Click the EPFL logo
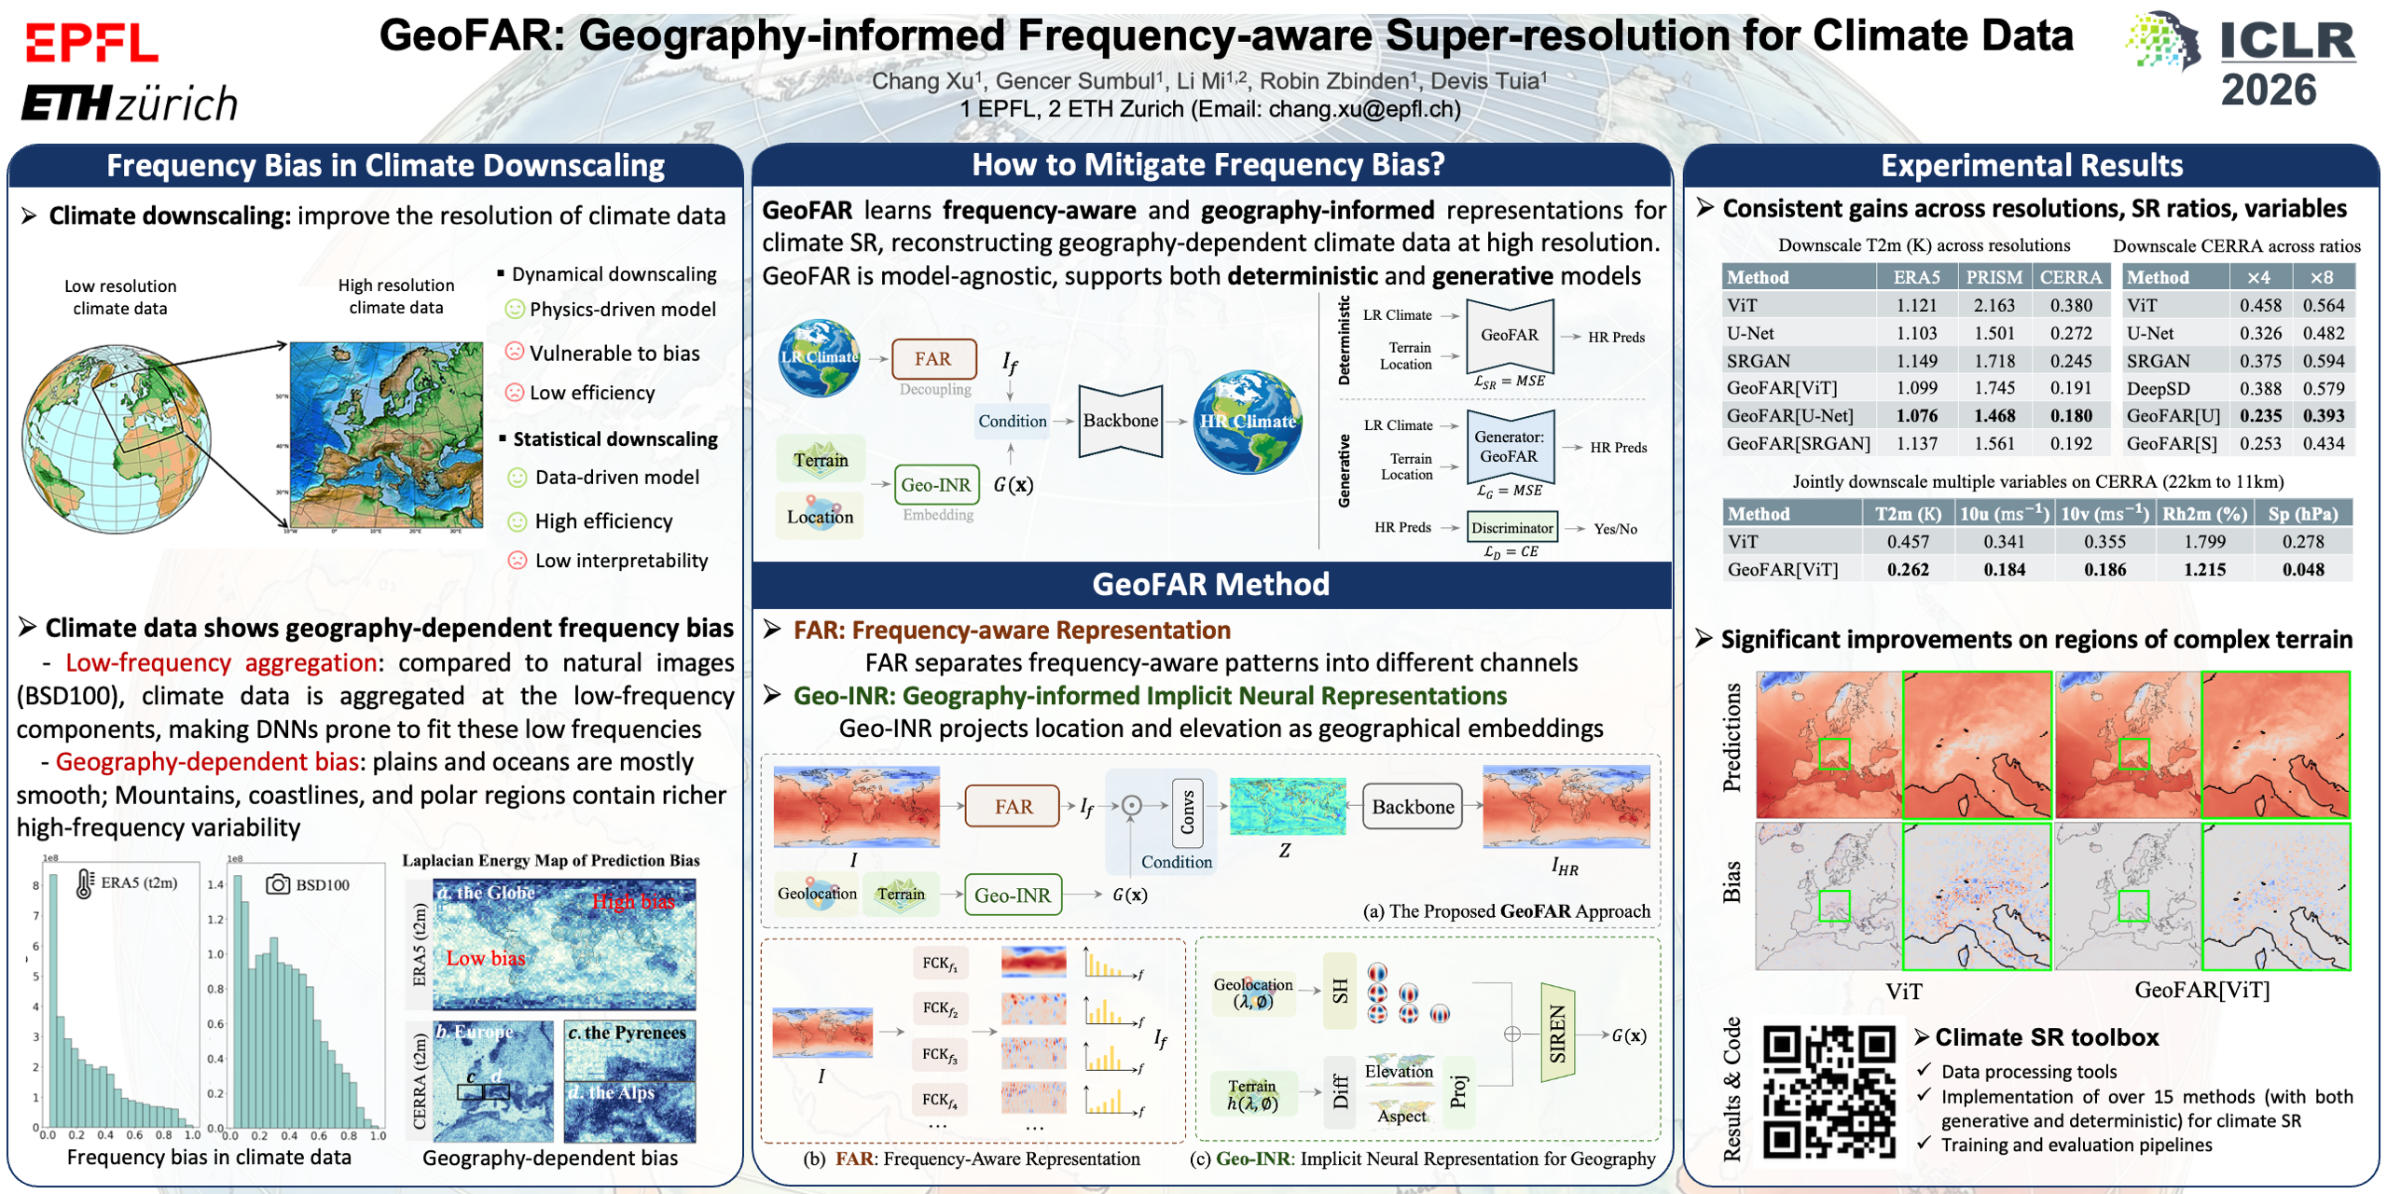coord(91,43)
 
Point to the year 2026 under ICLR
coord(2268,90)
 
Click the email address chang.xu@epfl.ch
coord(1363,109)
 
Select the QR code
coord(1828,1091)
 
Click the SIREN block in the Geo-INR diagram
coord(1557,1034)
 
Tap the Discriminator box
coord(1511,528)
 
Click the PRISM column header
coord(1994,277)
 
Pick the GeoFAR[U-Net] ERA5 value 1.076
coord(1916,416)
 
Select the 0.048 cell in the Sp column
coord(2302,569)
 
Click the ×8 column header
coord(2321,277)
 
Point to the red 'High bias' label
coord(633,901)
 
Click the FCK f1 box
coord(939,964)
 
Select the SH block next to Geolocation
coord(1340,991)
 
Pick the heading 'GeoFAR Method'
coord(1210,585)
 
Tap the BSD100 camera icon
coord(277,884)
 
